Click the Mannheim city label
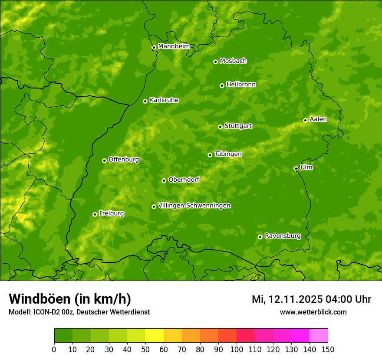(174, 46)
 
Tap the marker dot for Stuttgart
(220, 127)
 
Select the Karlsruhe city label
(164, 100)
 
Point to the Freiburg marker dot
(95, 214)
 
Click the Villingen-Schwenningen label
(194, 206)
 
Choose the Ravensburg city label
(283, 236)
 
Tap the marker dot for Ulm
(296, 168)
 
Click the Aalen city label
(318, 119)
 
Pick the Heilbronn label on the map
(241, 85)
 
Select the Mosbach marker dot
(215, 62)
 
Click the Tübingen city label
(228, 154)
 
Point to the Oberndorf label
(184, 180)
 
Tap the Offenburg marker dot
(104, 160)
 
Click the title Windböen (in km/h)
(70, 299)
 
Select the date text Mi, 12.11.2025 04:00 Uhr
(311, 299)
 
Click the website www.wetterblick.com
(313, 312)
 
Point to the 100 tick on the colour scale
(237, 349)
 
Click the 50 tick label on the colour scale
(145, 349)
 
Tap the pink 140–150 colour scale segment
(319, 336)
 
